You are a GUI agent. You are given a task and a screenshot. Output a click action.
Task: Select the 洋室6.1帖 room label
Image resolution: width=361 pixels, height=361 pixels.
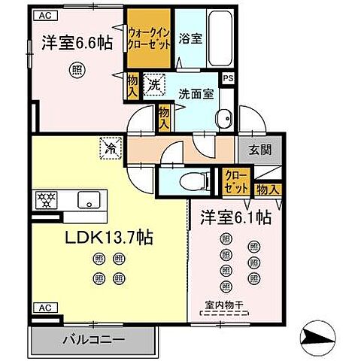point(235,217)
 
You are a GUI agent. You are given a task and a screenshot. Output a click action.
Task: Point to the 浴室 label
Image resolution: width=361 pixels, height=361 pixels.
point(191,38)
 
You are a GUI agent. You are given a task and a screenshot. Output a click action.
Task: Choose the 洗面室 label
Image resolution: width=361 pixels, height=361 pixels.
point(196,94)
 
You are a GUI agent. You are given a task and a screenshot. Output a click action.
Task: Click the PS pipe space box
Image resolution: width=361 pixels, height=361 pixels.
point(228,77)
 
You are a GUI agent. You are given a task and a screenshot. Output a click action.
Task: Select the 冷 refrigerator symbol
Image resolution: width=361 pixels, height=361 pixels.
point(109,148)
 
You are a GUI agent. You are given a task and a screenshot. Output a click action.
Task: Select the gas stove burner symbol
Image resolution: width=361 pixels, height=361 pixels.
point(43,200)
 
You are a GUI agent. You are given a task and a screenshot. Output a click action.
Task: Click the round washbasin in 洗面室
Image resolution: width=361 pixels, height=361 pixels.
point(223,119)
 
